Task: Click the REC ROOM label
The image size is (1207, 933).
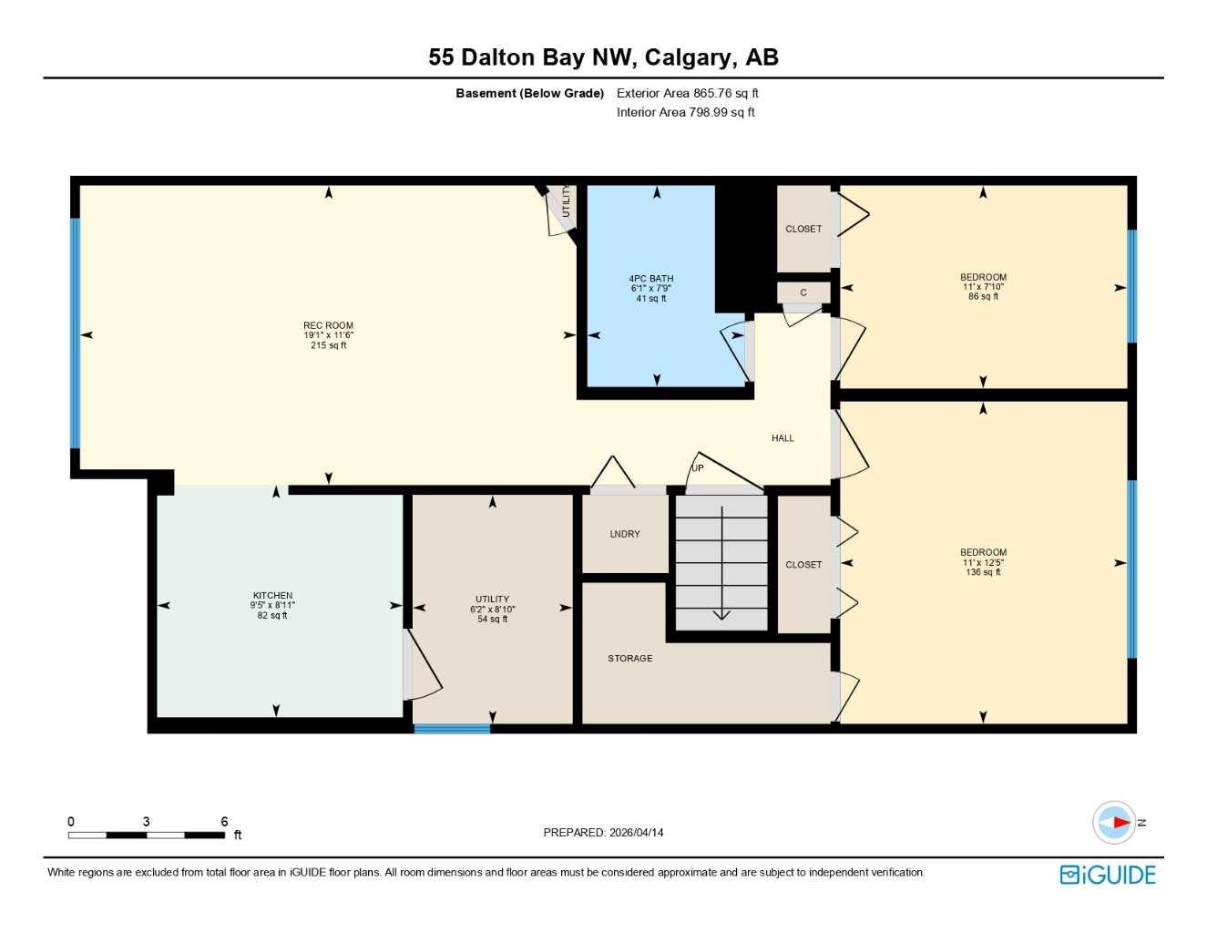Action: [x=328, y=325]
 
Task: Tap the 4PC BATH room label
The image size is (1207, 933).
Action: [x=651, y=279]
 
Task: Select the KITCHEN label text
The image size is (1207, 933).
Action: [x=272, y=596]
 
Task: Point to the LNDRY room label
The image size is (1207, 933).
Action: [x=625, y=534]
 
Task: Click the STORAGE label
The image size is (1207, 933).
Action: [x=630, y=658]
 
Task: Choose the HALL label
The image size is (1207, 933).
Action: [x=783, y=438]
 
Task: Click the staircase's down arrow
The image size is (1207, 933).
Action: [x=721, y=612]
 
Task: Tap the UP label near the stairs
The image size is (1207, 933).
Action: [x=698, y=468]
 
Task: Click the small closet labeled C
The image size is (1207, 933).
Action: [x=803, y=292]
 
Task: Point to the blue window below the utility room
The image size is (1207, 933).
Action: [x=452, y=728]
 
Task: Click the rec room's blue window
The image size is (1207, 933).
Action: [x=76, y=333]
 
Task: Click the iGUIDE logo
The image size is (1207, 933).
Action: [x=1108, y=875]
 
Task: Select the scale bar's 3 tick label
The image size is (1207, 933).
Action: [x=146, y=822]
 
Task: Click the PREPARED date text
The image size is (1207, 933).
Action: [x=603, y=832]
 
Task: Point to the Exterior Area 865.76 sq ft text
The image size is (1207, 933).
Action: [x=687, y=93]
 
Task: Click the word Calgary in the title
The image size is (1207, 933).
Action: [x=689, y=57]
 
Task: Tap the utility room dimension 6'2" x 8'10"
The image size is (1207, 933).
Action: [x=492, y=610]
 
